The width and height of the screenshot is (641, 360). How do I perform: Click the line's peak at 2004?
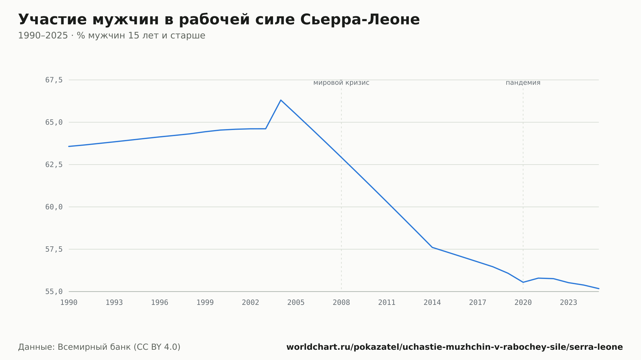coord(281,100)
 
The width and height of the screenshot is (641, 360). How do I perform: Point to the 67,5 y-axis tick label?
coord(54,80)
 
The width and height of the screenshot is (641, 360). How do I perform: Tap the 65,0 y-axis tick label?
coord(54,122)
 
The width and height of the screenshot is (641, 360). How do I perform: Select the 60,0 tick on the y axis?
coord(54,207)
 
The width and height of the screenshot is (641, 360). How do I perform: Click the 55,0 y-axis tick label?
coord(54,291)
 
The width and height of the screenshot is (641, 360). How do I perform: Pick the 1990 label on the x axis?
coord(69,303)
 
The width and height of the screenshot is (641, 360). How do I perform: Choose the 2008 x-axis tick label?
coord(341,303)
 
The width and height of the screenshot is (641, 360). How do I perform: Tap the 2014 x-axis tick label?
coord(432,303)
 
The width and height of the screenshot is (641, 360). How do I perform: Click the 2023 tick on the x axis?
coord(569,303)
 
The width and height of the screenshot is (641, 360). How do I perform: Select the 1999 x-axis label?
coord(205,303)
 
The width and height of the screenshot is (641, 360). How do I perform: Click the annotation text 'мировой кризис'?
coord(341,83)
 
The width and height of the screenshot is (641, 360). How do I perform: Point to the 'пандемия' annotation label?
coord(523,83)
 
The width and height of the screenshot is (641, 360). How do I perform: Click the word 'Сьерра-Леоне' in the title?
coord(360,20)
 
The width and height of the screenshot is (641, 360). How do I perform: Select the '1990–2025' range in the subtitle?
coord(43,36)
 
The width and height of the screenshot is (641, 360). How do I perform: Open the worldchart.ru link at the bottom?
coord(454,347)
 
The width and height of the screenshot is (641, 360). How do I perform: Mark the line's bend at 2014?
coord(432,247)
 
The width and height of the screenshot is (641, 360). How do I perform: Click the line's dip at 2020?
coord(523,282)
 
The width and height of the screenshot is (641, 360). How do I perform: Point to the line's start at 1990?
coord(69,146)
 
